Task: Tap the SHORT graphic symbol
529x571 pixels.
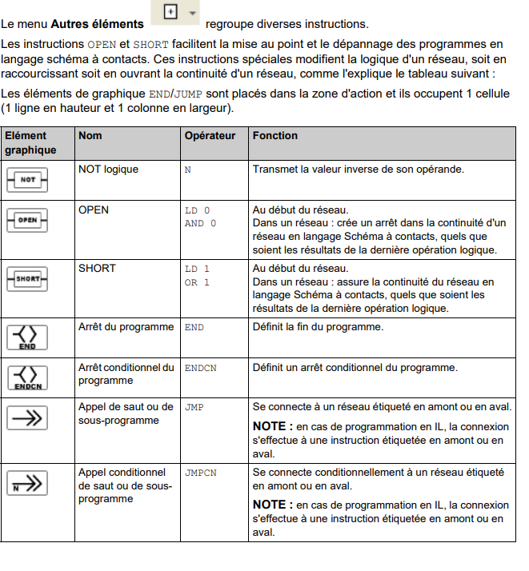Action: [x=27, y=278]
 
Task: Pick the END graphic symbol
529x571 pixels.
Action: [x=27, y=336]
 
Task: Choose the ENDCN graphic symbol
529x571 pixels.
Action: [x=27, y=377]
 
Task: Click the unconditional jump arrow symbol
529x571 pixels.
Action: [x=27, y=418]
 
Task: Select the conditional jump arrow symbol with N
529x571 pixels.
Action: [x=27, y=483]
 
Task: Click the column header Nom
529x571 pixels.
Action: [x=90, y=136]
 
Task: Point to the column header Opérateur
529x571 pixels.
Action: [x=210, y=136]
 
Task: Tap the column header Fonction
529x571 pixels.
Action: [x=275, y=136]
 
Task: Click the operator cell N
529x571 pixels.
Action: [x=188, y=170]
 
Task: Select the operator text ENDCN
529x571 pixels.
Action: [x=200, y=369]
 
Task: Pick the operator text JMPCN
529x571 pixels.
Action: [x=200, y=473]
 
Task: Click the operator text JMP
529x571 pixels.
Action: [x=194, y=408]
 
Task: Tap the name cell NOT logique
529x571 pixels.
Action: [x=108, y=170]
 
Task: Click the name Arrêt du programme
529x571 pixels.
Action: [x=126, y=327]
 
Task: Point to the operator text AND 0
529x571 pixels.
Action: [x=200, y=224]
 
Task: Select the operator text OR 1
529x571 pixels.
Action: [x=197, y=282]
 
